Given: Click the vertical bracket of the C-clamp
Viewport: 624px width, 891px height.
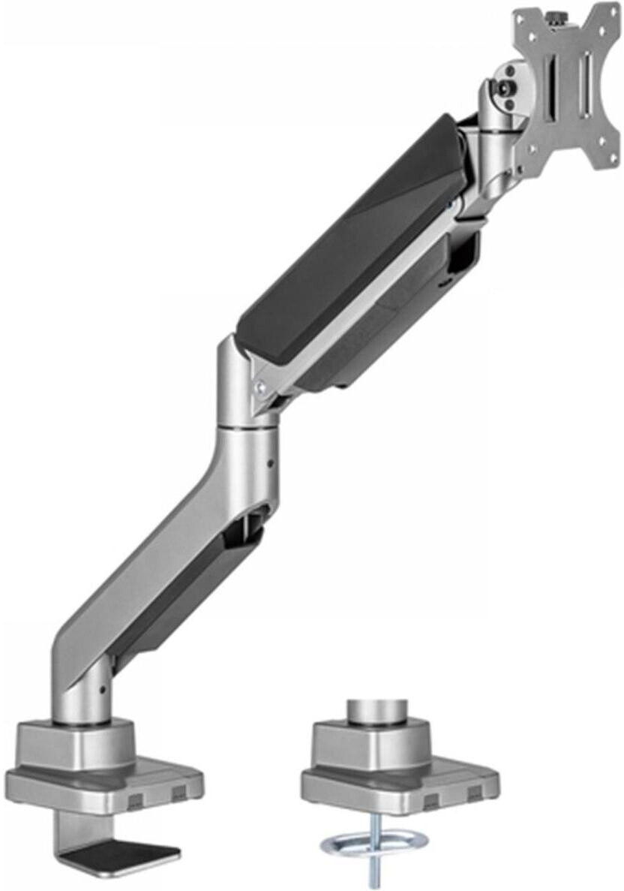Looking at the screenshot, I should pos(66,833).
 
